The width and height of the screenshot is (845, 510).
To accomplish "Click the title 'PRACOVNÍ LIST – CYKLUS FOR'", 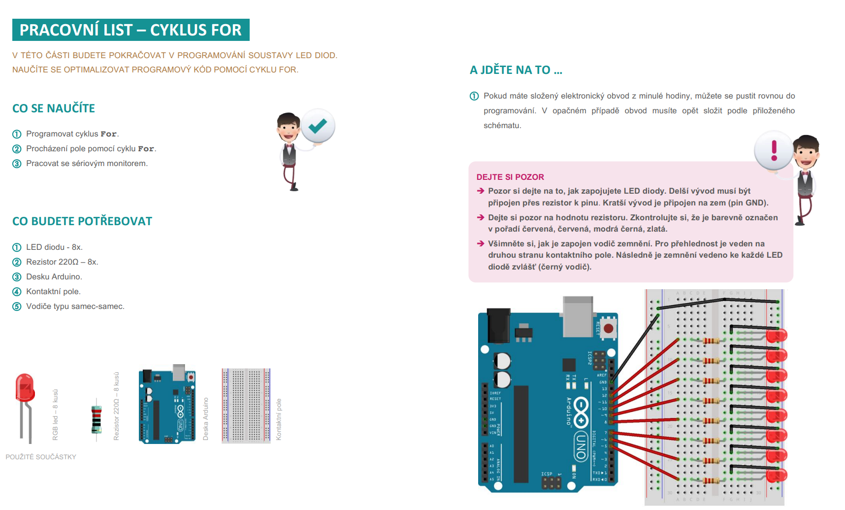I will [130, 30].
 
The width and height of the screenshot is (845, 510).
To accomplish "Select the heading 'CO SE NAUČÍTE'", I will [54, 108].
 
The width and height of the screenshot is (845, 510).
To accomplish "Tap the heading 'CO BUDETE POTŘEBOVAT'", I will [82, 221].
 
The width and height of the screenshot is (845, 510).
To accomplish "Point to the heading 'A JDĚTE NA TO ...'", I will [516, 70].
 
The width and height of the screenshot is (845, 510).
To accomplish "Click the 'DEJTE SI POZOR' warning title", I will [510, 177].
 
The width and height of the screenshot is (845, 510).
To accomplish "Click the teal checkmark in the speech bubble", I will [318, 126].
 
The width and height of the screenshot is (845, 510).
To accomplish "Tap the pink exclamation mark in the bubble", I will [774, 150].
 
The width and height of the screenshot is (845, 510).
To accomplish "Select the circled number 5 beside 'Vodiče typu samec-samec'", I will [17, 306].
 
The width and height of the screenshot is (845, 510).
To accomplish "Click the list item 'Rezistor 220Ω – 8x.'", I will [62, 262].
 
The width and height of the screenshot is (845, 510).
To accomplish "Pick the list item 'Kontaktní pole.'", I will [53, 292].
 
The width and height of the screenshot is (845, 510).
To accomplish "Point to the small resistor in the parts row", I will [97, 419].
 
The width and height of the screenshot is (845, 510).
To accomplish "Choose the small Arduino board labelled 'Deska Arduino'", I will [167, 406].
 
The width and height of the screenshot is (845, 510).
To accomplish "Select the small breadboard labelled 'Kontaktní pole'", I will [246, 406].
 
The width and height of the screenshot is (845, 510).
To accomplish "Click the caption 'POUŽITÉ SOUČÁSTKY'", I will [41, 457].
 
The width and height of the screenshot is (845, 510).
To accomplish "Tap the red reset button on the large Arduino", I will [609, 328].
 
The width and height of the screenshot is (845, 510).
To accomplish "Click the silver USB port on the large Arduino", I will [578, 315].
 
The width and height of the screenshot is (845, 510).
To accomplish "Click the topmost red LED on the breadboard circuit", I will [777, 336].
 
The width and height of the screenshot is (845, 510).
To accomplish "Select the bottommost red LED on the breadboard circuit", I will [777, 476].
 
